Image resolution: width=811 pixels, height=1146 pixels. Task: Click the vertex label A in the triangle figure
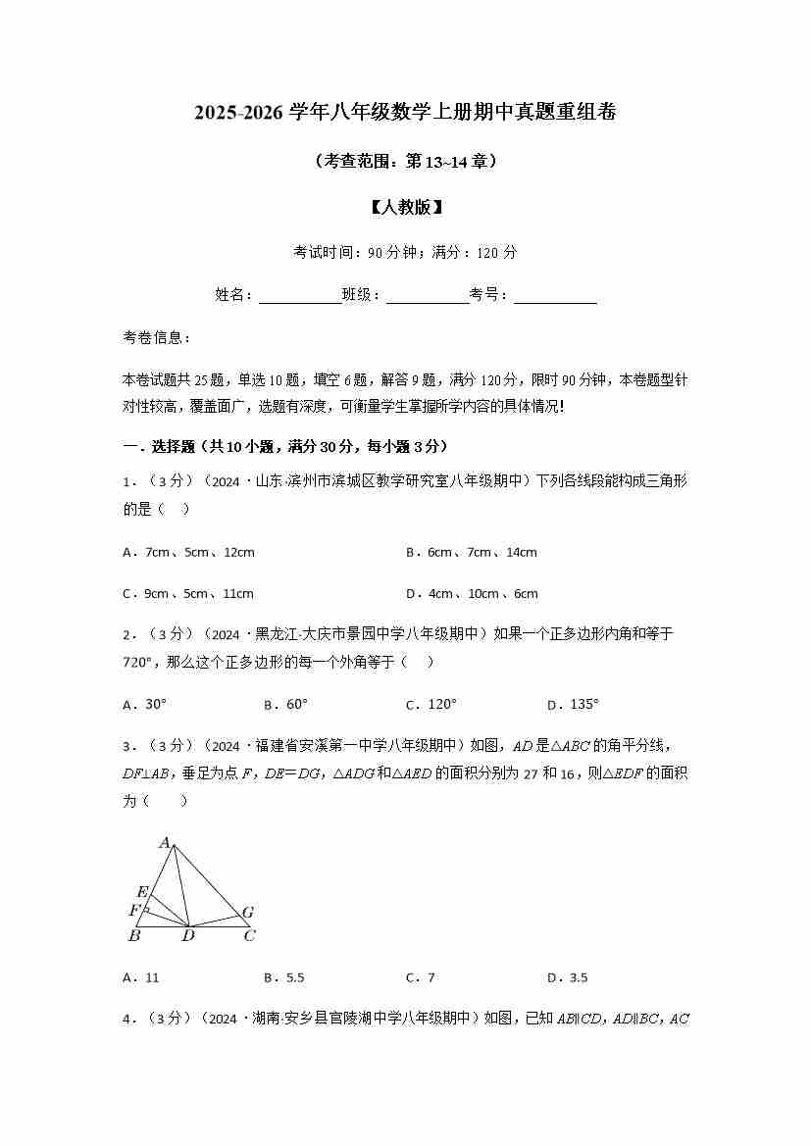pyautogui.click(x=166, y=841)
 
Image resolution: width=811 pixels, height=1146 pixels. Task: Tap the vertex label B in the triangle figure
pyautogui.click(x=134, y=935)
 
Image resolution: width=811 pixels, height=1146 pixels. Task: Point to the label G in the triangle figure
pyautogui.click(x=248, y=913)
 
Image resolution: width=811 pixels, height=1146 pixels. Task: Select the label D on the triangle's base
pyautogui.click(x=187, y=936)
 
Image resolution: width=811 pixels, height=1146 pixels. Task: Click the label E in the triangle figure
pyautogui.click(x=142, y=892)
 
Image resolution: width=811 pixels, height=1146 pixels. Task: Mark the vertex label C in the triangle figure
pyautogui.click(x=249, y=935)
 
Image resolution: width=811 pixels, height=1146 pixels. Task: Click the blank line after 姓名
pyautogui.click(x=299, y=296)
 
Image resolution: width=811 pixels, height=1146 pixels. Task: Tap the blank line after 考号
pyautogui.click(x=555, y=296)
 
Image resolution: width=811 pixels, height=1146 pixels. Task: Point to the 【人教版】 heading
pyautogui.click(x=405, y=207)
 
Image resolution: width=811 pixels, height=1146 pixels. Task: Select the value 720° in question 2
pyautogui.click(x=140, y=662)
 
